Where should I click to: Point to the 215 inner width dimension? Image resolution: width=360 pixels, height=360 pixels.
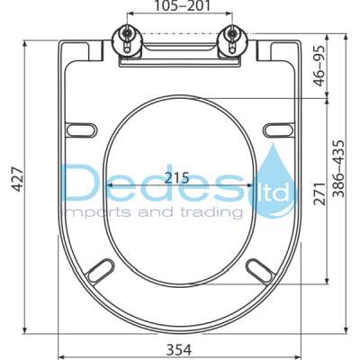(x=176, y=178)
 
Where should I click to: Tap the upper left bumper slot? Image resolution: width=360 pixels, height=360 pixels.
(x=81, y=130)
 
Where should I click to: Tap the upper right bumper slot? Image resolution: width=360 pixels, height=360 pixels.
(x=279, y=130)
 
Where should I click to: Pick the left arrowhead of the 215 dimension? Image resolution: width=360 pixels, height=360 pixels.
(x=111, y=184)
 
